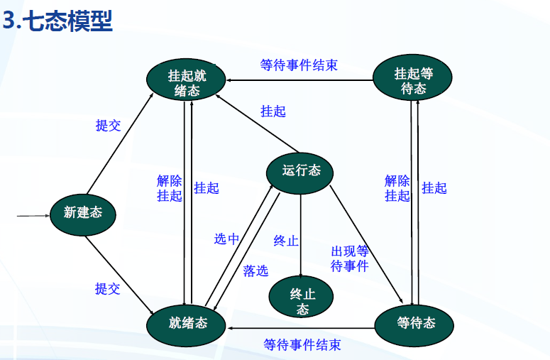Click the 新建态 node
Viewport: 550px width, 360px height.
(x=83, y=212)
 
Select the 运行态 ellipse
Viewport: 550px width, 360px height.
(x=301, y=170)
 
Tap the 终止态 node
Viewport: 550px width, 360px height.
(x=302, y=301)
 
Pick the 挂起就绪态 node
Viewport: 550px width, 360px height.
(x=187, y=82)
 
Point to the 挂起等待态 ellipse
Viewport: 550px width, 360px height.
(x=413, y=80)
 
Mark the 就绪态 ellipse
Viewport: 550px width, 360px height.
(x=188, y=323)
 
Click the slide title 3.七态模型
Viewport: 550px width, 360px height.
(x=58, y=21)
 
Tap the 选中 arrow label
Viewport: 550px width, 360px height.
(x=226, y=239)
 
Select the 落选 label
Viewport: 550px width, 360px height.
(x=255, y=271)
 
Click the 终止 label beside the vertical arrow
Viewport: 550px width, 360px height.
(x=286, y=241)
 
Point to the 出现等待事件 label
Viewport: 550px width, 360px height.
(x=350, y=258)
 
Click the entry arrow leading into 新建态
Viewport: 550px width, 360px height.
(x=32, y=212)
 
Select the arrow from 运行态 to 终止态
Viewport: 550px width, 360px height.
(x=302, y=234)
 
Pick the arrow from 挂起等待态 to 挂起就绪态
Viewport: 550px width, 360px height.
(x=298, y=80)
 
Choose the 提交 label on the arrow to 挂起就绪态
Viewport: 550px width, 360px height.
(x=108, y=126)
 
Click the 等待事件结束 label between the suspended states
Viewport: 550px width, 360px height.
(x=298, y=65)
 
